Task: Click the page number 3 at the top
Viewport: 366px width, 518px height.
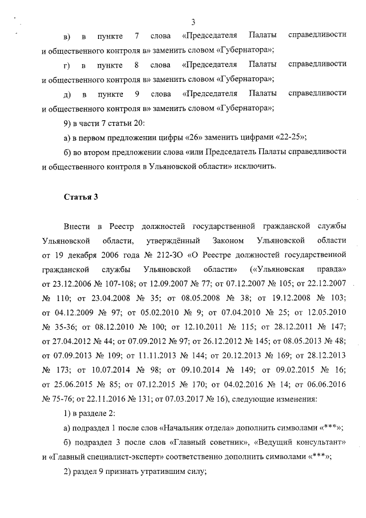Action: (x=193, y=22)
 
